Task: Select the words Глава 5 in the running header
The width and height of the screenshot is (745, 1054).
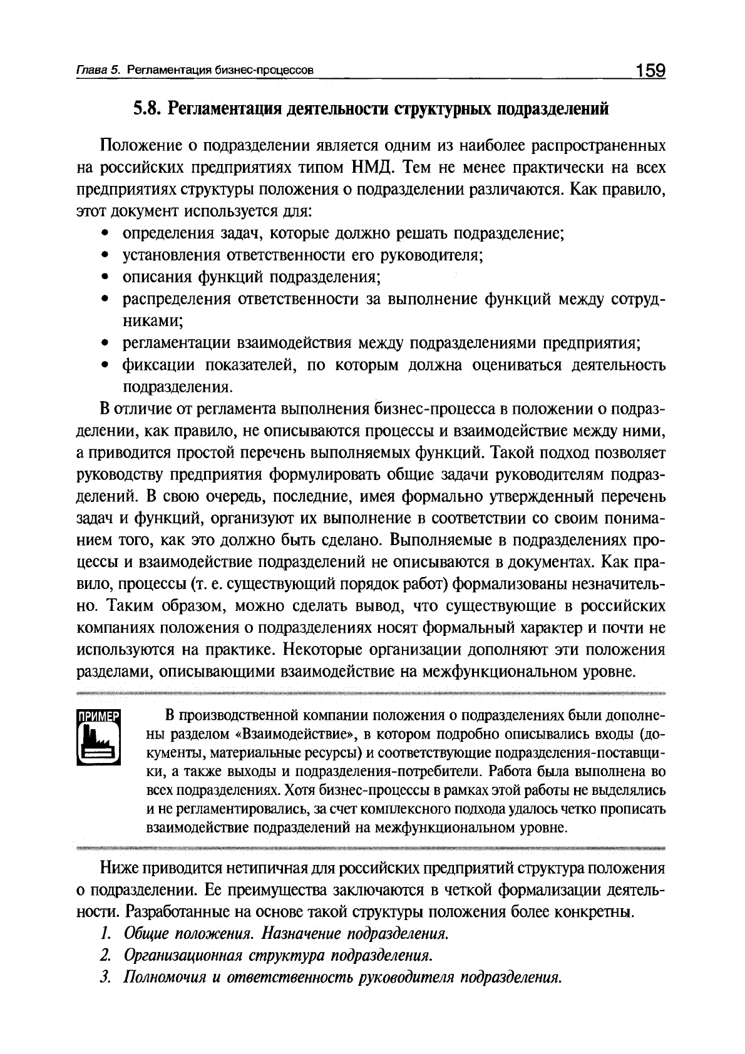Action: (x=97, y=71)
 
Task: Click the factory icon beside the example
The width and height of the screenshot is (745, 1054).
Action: (x=98, y=745)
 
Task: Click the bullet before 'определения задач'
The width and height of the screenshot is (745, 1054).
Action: (x=106, y=234)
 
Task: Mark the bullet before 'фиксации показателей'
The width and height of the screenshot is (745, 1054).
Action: (x=106, y=365)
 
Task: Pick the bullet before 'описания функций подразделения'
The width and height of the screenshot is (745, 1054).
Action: (x=106, y=277)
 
